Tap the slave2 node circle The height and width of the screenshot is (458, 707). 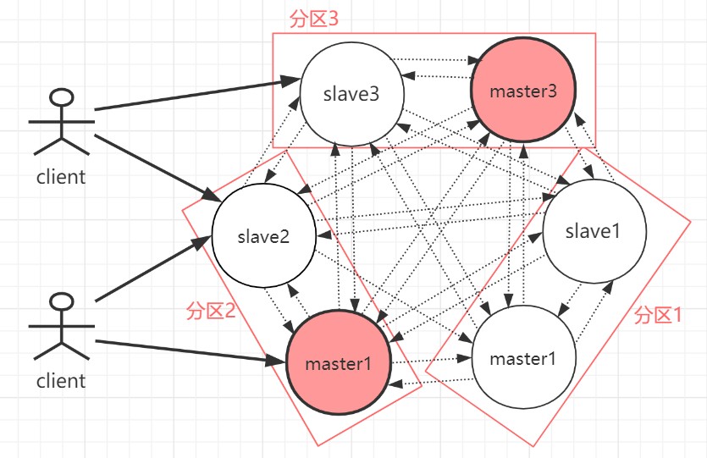[263, 235]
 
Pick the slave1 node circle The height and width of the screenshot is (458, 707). [594, 231]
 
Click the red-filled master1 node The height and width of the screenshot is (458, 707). [339, 363]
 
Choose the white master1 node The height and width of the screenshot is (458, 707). [523, 358]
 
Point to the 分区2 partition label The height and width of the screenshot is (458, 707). [210, 311]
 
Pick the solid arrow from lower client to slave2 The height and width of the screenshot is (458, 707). [152, 269]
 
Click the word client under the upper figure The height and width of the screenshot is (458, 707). [61, 177]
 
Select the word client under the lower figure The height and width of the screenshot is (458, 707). [61, 380]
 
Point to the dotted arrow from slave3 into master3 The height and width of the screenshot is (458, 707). [439, 61]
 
